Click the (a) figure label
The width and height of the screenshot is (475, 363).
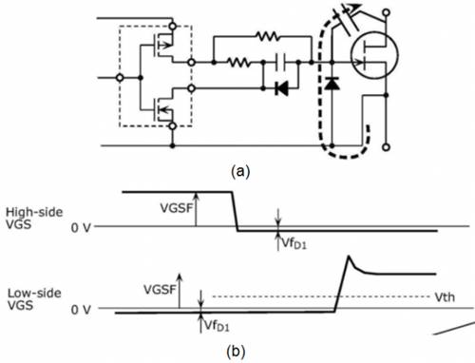240,171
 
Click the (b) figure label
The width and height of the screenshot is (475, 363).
236,351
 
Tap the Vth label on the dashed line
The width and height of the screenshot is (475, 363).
445,297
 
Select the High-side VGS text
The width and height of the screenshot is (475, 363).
34,218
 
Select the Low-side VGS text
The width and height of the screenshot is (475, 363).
34,299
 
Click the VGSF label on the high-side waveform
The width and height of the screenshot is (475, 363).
177,208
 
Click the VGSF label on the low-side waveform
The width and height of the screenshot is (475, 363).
160,289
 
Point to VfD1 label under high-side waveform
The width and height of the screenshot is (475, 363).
294,243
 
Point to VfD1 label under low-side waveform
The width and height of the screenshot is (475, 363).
217,325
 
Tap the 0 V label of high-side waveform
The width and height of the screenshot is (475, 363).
81,227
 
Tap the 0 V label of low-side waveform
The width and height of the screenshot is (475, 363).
81,309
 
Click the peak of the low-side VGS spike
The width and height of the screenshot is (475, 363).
349,256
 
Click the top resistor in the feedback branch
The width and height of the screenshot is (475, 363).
268,36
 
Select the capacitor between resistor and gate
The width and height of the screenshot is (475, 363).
280,62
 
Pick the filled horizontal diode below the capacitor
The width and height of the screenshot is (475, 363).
281,88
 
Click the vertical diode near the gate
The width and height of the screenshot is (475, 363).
332,83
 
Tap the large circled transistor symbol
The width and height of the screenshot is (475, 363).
374,55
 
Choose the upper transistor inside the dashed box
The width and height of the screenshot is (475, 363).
163,46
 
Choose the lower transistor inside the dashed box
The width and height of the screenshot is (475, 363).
163,109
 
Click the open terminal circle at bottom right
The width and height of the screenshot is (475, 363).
386,147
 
